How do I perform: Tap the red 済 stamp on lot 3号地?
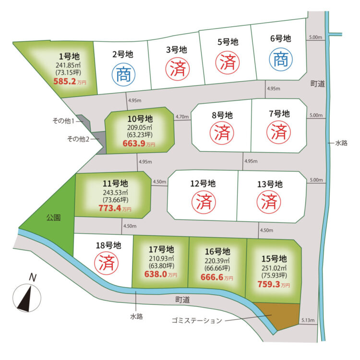176,68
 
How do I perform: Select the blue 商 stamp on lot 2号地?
124,75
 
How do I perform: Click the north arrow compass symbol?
26,297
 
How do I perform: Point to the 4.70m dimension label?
182,117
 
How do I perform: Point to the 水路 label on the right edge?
341,143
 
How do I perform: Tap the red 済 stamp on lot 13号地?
271,202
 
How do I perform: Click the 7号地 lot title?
279,114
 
